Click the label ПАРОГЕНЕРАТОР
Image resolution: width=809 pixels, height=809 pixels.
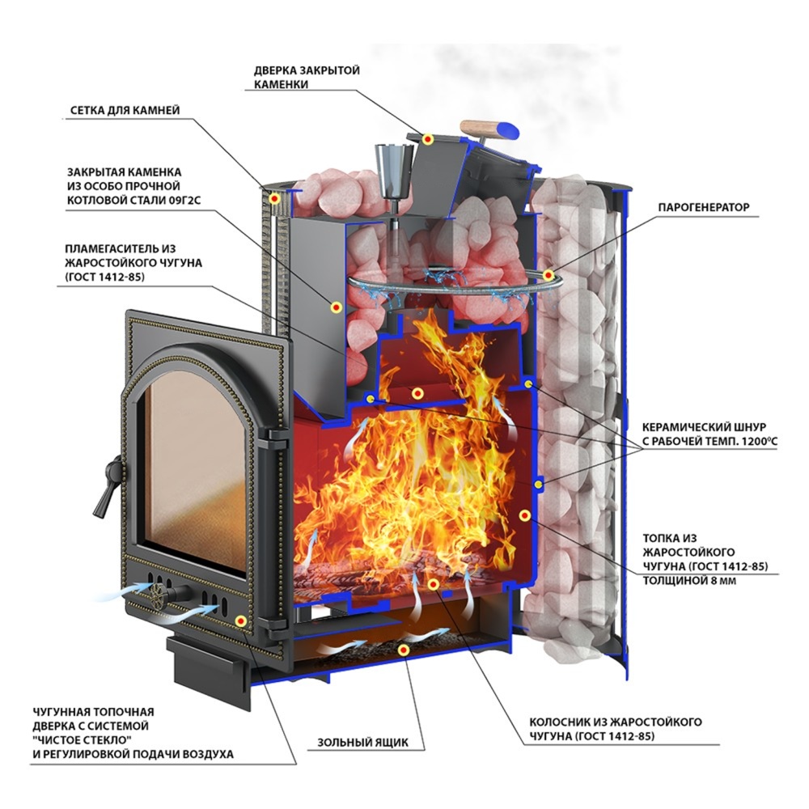703,207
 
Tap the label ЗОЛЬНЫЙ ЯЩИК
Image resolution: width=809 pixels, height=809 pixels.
362,743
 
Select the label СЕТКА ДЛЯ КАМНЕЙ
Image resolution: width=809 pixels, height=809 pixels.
125,110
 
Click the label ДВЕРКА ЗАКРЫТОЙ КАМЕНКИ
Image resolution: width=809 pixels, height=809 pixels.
307,77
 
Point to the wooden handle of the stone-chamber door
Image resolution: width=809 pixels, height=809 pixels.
489,128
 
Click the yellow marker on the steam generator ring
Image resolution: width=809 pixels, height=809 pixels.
549,275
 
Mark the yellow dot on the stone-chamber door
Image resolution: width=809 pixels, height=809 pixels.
428,139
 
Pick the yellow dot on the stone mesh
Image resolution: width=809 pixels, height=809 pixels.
274,197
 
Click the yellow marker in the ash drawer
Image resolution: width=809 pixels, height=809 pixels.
404,650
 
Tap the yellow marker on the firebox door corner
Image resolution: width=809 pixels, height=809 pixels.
240,621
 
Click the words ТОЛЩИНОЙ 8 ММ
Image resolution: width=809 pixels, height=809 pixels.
689,581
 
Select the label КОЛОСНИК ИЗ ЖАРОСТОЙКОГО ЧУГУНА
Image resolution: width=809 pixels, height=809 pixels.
616,729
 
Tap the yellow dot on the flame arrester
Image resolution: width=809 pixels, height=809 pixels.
417,393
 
